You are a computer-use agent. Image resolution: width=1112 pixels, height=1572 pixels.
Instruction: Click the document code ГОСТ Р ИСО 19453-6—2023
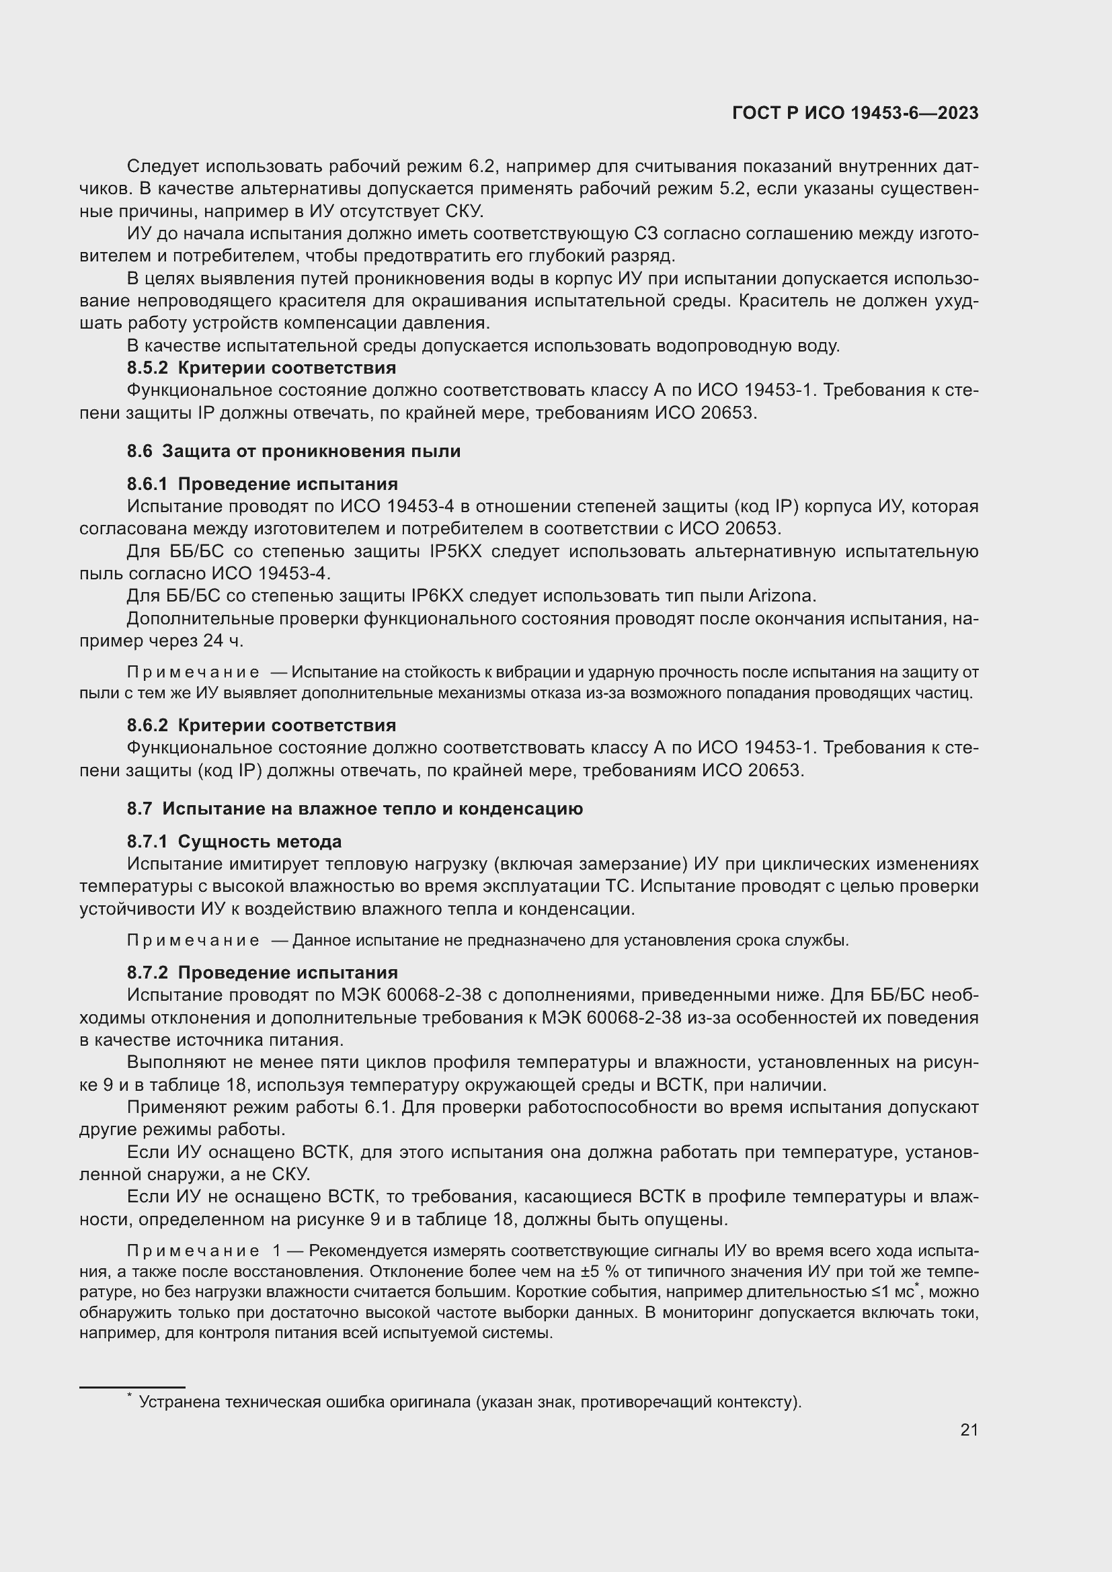pyautogui.click(x=855, y=114)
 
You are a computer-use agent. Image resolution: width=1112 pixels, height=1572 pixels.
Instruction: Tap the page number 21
pyautogui.click(x=969, y=1430)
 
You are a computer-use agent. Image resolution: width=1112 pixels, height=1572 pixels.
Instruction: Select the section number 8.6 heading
pyautogui.click(x=139, y=451)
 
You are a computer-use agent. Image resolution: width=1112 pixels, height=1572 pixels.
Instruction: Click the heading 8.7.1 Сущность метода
pyautogui.click(x=234, y=841)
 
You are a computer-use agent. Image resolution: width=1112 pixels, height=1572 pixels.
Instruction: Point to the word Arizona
pyautogui.click(x=782, y=595)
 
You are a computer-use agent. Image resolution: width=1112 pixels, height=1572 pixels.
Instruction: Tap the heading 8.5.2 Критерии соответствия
pyautogui.click(x=261, y=368)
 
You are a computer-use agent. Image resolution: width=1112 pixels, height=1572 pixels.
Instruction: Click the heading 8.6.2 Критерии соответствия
pyautogui.click(x=261, y=725)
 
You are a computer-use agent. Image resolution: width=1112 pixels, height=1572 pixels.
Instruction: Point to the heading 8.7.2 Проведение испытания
pyautogui.click(x=262, y=973)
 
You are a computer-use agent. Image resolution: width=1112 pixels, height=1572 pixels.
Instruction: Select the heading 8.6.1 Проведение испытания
pyautogui.click(x=262, y=484)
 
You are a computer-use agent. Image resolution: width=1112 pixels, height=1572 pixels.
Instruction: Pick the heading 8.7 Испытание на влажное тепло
pyautogui.click(x=355, y=809)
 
